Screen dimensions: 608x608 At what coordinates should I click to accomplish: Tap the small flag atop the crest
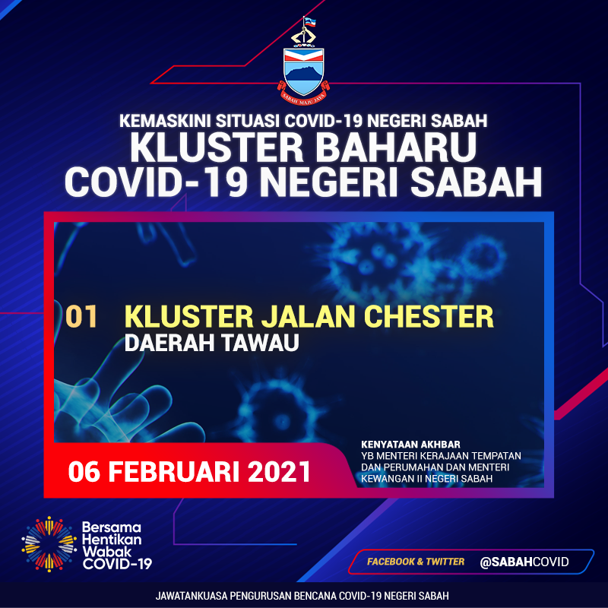pyautogui.click(x=310, y=22)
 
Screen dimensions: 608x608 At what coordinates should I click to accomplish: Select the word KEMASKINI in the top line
pyautogui.click(x=165, y=121)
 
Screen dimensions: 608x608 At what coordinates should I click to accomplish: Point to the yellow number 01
pyautogui.click(x=81, y=316)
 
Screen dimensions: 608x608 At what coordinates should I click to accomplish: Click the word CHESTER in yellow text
pyautogui.click(x=429, y=316)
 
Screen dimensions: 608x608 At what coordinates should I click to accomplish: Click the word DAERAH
pyautogui.click(x=169, y=343)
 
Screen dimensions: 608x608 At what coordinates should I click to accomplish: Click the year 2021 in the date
pyautogui.click(x=279, y=471)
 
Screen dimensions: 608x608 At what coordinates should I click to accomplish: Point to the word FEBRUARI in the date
pyautogui.click(x=173, y=471)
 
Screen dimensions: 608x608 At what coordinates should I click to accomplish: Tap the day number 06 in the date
pyautogui.click(x=84, y=471)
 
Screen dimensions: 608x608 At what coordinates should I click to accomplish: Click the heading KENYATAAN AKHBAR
pyautogui.click(x=410, y=445)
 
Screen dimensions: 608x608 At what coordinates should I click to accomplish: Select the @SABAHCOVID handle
pyautogui.click(x=524, y=562)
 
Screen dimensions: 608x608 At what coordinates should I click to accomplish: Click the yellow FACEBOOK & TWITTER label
pyautogui.click(x=416, y=562)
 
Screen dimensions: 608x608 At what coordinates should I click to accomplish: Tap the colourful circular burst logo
pyautogui.click(x=49, y=544)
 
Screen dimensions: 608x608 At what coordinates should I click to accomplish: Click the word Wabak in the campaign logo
pyautogui.click(x=102, y=552)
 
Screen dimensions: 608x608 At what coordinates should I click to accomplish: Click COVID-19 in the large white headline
pyautogui.click(x=156, y=182)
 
